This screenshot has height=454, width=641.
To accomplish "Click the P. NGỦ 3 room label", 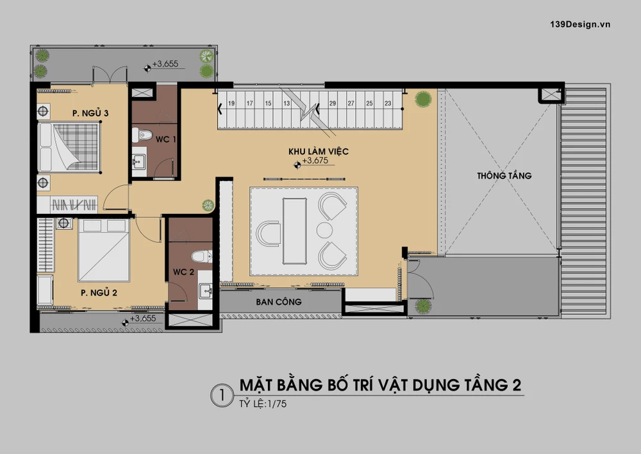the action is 90,112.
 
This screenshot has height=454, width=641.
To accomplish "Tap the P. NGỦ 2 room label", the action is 99,292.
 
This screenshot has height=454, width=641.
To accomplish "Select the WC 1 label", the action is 165,139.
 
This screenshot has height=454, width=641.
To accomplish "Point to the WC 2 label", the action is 183,272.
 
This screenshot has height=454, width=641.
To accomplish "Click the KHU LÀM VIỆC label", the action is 319,151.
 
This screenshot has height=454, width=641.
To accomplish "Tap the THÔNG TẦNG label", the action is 504,175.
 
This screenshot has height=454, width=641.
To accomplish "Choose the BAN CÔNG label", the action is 279,302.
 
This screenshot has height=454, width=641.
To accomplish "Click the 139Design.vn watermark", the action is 580,24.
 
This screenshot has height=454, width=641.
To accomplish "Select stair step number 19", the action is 231,103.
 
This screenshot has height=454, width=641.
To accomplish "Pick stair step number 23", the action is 388,103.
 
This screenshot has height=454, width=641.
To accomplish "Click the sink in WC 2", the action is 205,291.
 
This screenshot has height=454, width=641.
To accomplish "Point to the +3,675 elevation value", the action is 315,161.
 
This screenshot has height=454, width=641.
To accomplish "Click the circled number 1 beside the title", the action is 222,396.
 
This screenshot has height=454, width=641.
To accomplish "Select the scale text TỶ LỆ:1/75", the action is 263,404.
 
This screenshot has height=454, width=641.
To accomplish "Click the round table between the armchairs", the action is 324,230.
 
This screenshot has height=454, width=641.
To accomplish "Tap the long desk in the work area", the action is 294,231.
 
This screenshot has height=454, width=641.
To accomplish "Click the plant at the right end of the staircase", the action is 423,99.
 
